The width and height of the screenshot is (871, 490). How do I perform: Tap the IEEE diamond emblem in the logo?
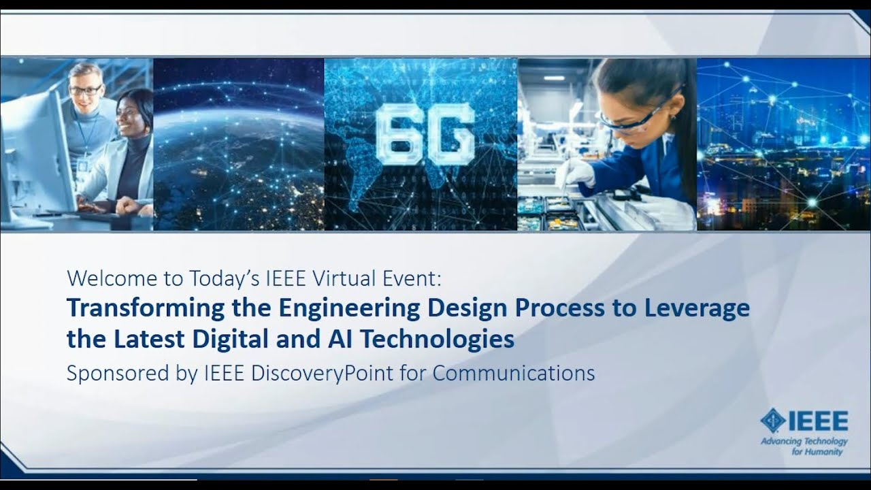[x=772, y=421]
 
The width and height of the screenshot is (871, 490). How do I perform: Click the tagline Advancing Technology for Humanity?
[x=804, y=446]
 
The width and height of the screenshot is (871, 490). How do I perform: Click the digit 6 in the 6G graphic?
[x=398, y=134]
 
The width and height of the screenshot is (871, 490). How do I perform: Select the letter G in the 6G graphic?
[x=450, y=134]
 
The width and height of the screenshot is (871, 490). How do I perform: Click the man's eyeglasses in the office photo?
[x=86, y=89]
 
